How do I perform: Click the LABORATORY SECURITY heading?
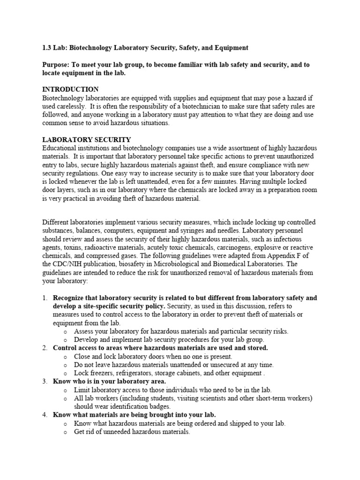click(87, 140)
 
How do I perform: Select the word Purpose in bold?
click(55, 65)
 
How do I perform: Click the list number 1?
click(45, 298)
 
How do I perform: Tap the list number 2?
click(45, 348)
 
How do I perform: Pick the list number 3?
click(45, 382)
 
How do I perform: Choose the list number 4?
click(45, 415)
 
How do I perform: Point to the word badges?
click(173, 406)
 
